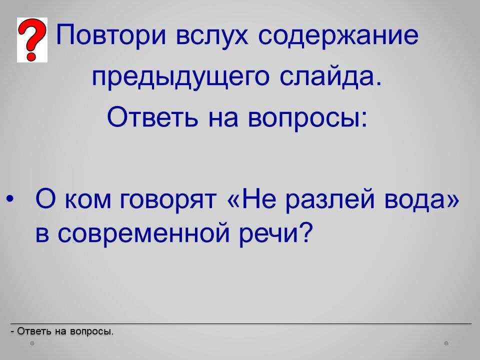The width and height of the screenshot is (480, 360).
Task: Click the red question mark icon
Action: pos(32,40)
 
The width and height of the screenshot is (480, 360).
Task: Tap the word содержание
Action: pos(338,36)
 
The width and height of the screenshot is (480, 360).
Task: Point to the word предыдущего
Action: pos(181,77)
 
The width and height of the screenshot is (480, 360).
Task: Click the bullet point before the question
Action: pos(10,199)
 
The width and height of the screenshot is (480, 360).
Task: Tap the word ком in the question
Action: pos(88,201)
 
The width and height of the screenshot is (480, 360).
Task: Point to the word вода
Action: pos(417,200)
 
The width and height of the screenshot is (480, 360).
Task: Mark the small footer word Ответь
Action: pos(34,331)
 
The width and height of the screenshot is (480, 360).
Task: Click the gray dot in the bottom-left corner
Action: pos(32,343)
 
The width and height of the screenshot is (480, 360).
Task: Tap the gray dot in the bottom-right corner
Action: pos(446,343)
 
